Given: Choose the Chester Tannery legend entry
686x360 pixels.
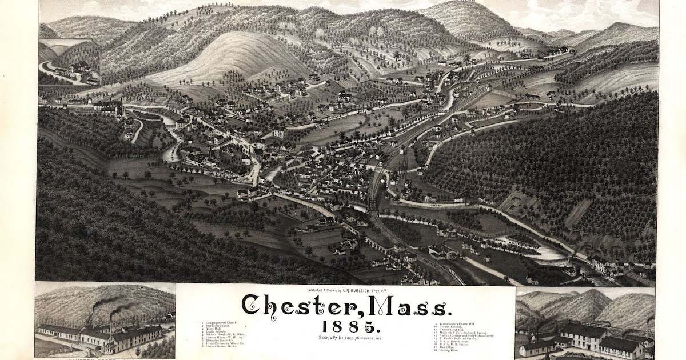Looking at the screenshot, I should (x=456, y=326).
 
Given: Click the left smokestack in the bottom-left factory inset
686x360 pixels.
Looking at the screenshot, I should (x=94, y=317).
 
